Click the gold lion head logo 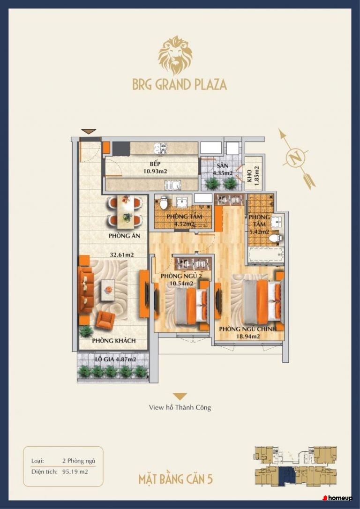point(175,55)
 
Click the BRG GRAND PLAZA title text point(180,84)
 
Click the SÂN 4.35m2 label point(223,170)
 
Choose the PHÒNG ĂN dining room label point(124,236)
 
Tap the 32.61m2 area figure point(122,255)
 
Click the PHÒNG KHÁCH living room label point(113,341)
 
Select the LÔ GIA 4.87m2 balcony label point(115,359)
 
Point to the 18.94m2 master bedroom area point(247,337)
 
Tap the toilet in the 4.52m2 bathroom point(164,203)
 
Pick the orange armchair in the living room point(105,320)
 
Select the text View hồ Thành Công point(180,407)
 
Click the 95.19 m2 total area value point(75,472)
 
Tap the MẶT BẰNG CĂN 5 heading point(176,479)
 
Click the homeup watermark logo point(337,498)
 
